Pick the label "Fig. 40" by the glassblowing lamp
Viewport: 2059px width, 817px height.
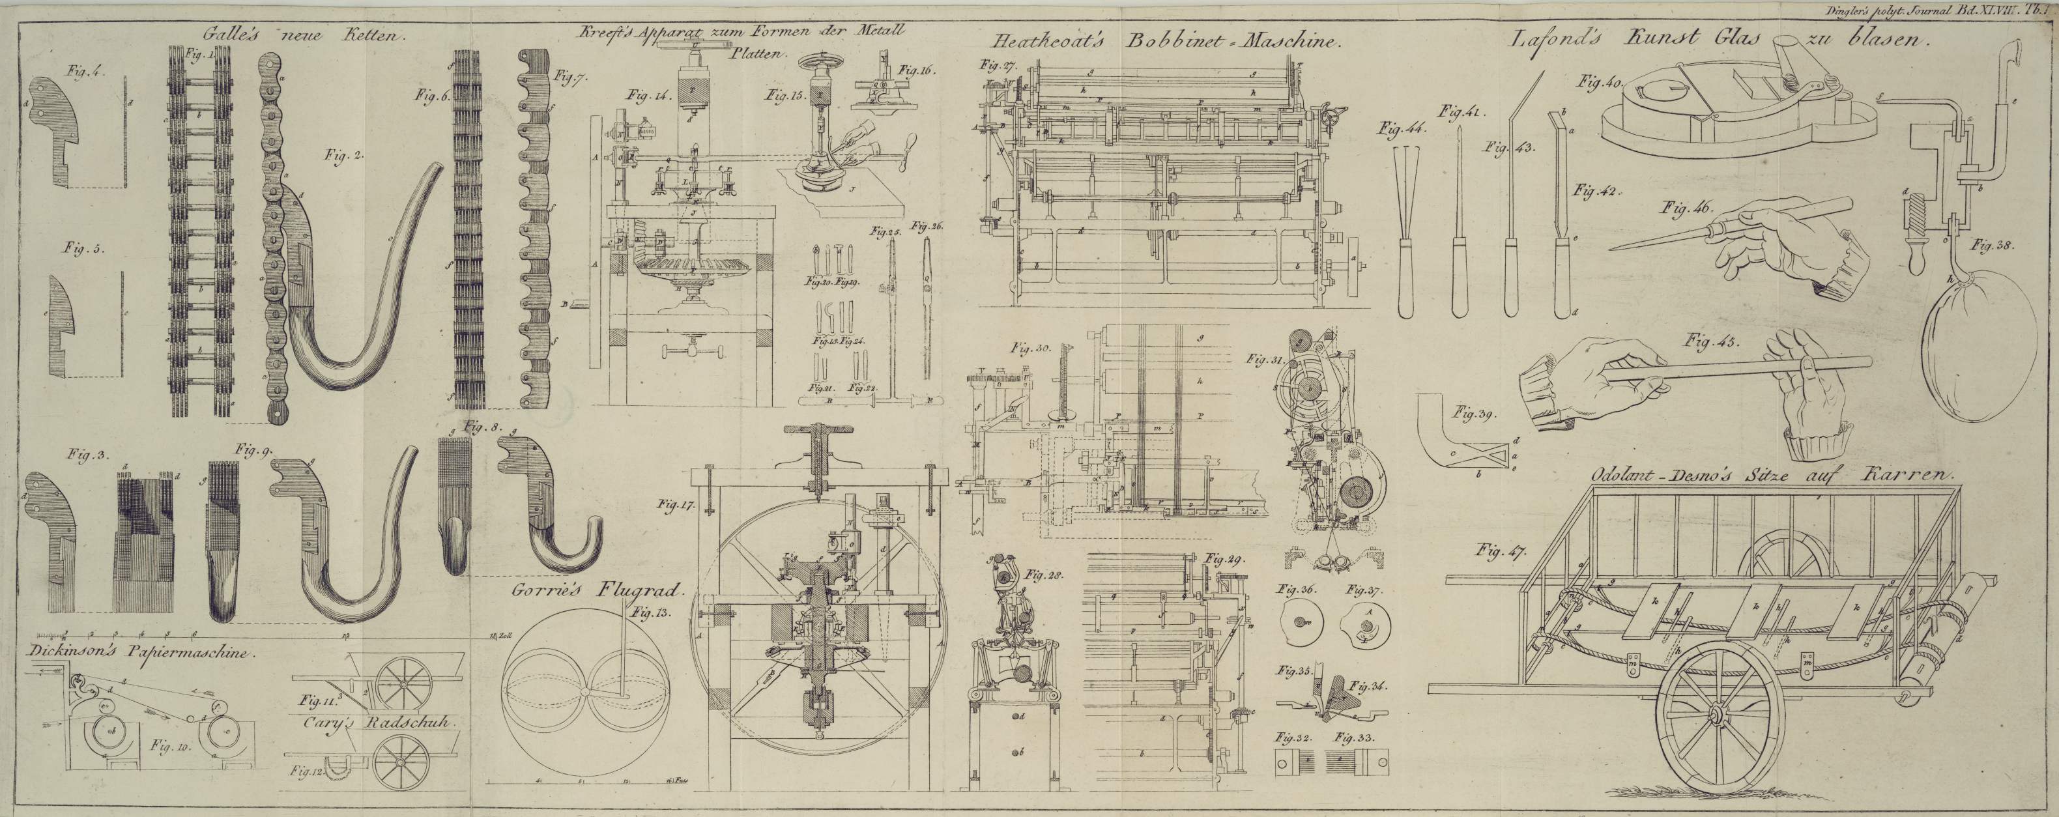(x=1600, y=81)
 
